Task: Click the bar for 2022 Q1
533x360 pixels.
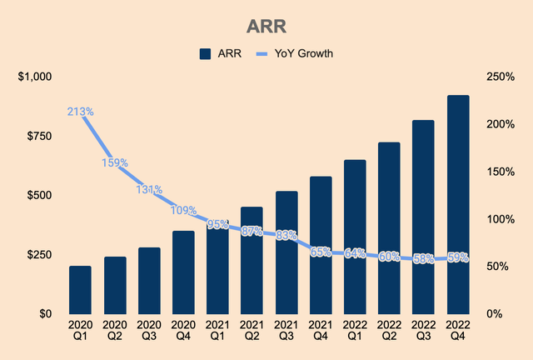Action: point(355,237)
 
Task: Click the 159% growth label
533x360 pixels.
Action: point(114,163)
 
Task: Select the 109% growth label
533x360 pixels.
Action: point(184,210)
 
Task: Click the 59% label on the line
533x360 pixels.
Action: point(456,257)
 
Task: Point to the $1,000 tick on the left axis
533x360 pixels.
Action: point(34,77)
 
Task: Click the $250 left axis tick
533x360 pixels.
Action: point(39,254)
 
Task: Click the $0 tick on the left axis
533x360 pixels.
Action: point(45,313)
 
